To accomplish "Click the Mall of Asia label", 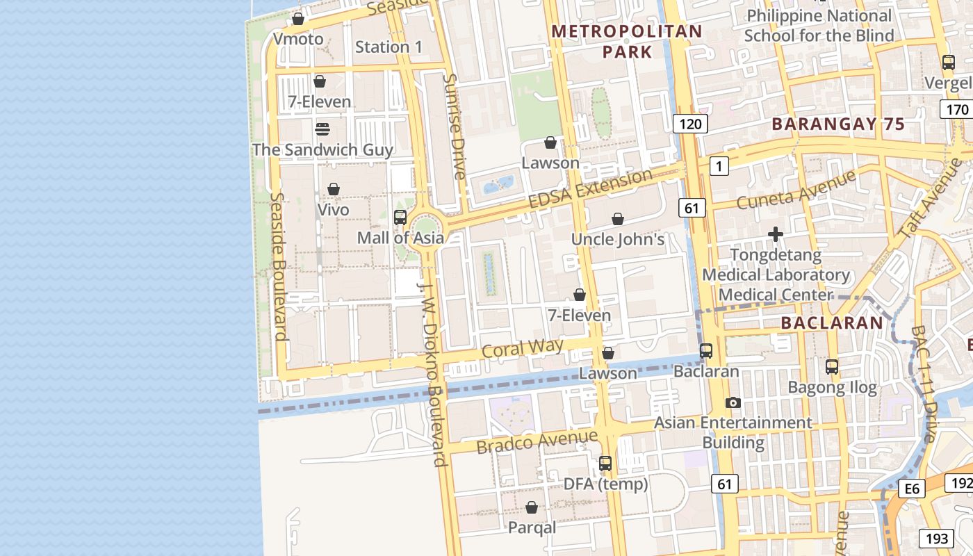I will click(400, 238).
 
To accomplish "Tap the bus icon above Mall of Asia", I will click(400, 218).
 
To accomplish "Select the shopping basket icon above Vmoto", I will click(298, 19).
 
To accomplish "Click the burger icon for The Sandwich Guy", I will click(322, 129).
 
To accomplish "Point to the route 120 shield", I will click(690, 124).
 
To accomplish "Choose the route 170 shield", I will click(957, 109).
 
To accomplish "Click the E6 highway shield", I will click(912, 489).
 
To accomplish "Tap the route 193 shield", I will click(936, 538).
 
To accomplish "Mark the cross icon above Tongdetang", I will click(776, 235).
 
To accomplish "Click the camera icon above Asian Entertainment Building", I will click(733, 402).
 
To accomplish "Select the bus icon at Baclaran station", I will click(706, 351).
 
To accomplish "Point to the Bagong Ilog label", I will click(832, 388).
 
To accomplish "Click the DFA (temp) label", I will click(605, 484).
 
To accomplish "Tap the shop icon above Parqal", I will click(532, 507).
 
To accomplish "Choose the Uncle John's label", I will click(618, 240).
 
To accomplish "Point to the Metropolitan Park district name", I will click(627, 41).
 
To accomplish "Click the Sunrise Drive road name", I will click(455, 126).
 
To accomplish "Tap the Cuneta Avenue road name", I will click(796, 190).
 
